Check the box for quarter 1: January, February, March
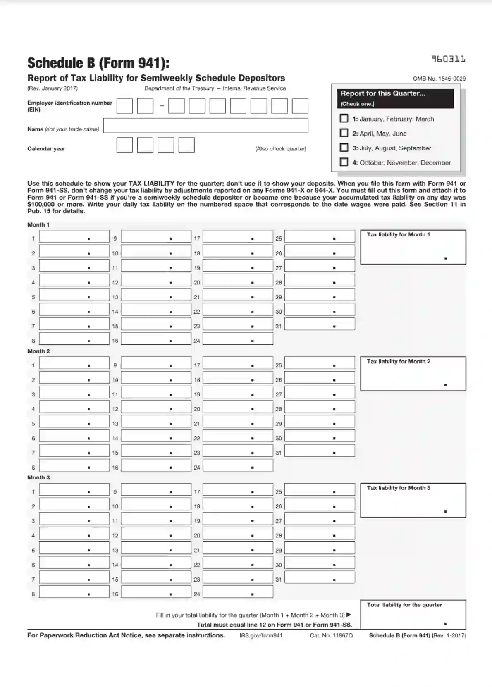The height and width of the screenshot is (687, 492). pos(344,119)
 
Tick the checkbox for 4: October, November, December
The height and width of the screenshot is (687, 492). pos(344,162)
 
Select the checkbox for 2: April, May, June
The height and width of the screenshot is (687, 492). pos(344,133)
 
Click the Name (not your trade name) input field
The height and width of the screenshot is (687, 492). pos(205,126)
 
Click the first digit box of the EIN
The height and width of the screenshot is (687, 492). pos(124,106)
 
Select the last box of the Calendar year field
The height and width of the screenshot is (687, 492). pos(186,145)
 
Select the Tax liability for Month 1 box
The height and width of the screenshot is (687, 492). pos(413,247)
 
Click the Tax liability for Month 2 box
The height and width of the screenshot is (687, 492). pos(413,374)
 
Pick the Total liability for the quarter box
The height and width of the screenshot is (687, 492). pos(413,615)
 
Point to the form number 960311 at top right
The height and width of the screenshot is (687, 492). pos(448,59)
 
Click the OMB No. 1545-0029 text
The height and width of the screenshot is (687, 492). pos(439,79)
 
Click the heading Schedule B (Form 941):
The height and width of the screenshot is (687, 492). pos(98,63)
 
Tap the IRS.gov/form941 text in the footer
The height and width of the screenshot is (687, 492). pos(261,635)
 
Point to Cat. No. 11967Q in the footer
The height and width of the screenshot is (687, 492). pos(331,635)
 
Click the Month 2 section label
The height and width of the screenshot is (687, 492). pos(38,351)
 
